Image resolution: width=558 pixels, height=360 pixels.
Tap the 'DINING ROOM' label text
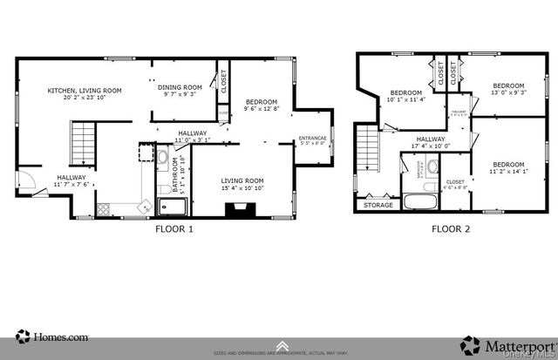pos(180,87)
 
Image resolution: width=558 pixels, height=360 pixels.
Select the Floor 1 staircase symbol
pos(81,139)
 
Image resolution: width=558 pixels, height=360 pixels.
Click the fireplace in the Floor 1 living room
pos(236,209)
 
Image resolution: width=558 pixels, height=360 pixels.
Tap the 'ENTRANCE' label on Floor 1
pos(312,139)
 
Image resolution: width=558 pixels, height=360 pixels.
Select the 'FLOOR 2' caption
pos(451,229)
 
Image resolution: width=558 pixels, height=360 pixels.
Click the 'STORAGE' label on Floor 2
pos(378,206)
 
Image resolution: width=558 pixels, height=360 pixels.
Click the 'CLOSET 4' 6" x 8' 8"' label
pos(455,185)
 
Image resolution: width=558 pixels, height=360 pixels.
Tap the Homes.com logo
pos(52,336)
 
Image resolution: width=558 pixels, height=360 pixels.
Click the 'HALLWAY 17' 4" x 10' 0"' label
pos(431,143)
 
